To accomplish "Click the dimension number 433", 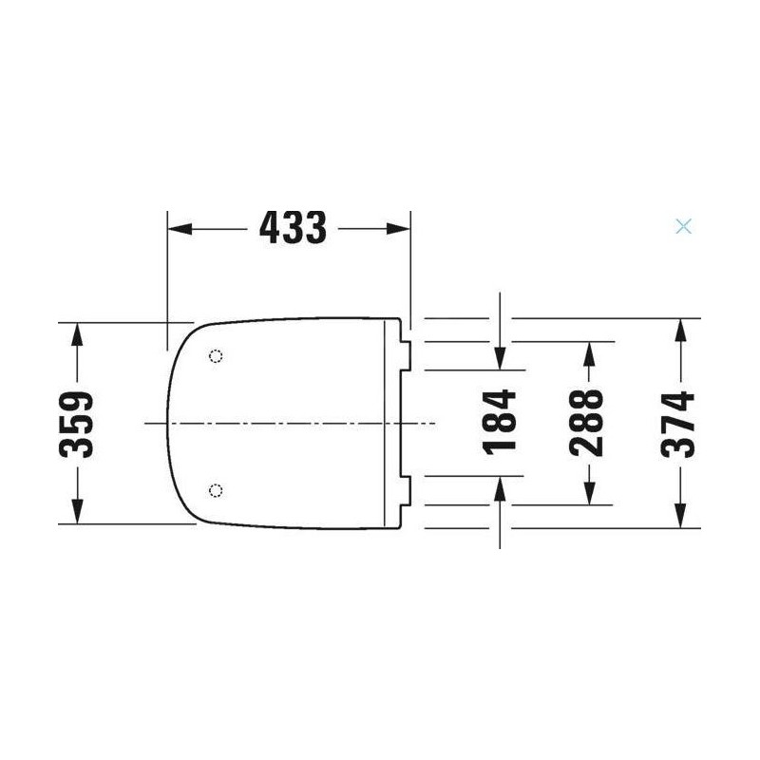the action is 293,228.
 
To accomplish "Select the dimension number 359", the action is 76,424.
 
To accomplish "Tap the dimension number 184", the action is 500,422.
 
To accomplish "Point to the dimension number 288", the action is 586,423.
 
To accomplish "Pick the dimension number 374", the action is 677,424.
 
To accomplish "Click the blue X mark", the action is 683,226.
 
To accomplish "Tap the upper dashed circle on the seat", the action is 216,356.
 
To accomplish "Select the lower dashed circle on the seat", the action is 216,490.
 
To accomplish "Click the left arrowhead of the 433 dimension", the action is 180,229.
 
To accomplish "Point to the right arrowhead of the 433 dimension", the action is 398,229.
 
